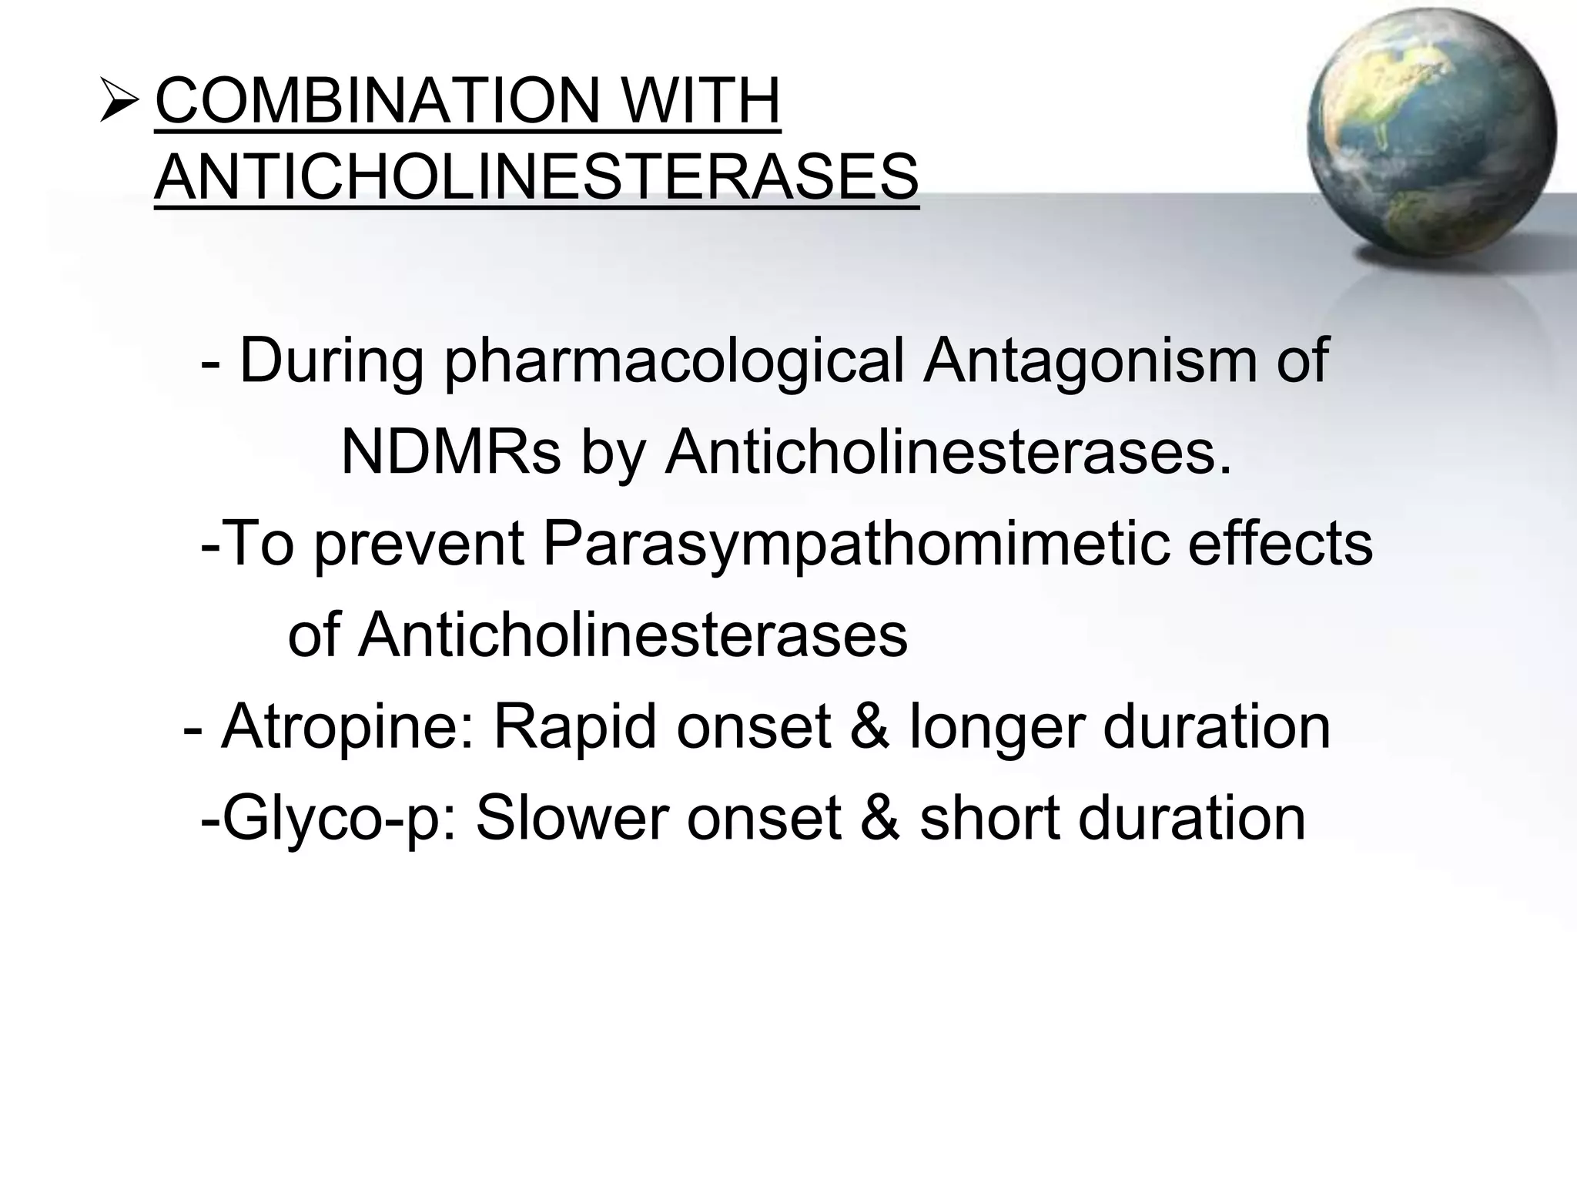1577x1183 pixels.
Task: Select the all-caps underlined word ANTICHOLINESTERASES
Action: pos(536,176)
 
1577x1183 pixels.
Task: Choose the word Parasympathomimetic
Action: pos(855,544)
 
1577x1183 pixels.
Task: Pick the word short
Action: pos(990,818)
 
